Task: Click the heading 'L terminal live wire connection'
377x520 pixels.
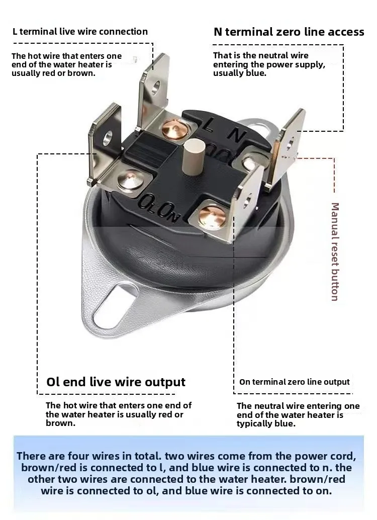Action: tap(80, 32)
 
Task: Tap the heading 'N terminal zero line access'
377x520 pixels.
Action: tap(289, 32)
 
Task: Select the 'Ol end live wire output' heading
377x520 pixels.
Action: tap(116, 382)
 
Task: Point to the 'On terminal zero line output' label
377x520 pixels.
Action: tap(295, 382)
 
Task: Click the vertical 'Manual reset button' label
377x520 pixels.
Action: tap(335, 252)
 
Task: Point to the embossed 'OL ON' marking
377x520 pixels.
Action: tap(158, 208)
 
